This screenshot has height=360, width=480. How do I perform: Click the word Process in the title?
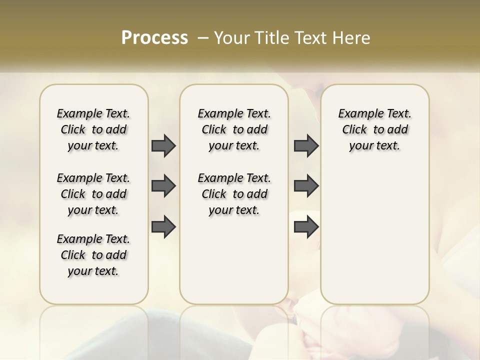click(x=154, y=38)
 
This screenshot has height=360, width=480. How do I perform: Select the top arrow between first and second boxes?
click(x=163, y=145)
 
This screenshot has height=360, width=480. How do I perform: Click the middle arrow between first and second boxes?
click(x=163, y=186)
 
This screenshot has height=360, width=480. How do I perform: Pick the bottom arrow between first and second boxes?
click(x=163, y=227)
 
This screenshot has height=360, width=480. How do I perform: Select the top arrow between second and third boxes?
click(x=306, y=145)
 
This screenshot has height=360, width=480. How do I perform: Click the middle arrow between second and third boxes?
click(x=306, y=186)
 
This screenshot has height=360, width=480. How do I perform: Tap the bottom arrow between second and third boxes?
click(x=306, y=227)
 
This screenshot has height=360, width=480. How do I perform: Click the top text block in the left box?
click(x=93, y=129)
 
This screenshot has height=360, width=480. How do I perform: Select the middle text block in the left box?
click(x=93, y=194)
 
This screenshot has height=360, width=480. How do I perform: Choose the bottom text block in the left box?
click(x=93, y=255)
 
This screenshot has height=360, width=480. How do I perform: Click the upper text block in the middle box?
click(x=234, y=129)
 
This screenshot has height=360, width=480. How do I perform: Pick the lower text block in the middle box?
click(x=234, y=194)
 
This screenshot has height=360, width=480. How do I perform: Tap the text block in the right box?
click(x=375, y=129)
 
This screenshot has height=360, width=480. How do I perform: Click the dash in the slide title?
click(x=203, y=38)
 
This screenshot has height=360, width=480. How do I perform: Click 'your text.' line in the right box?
click(x=374, y=145)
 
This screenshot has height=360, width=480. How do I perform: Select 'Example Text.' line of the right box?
click(x=375, y=113)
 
